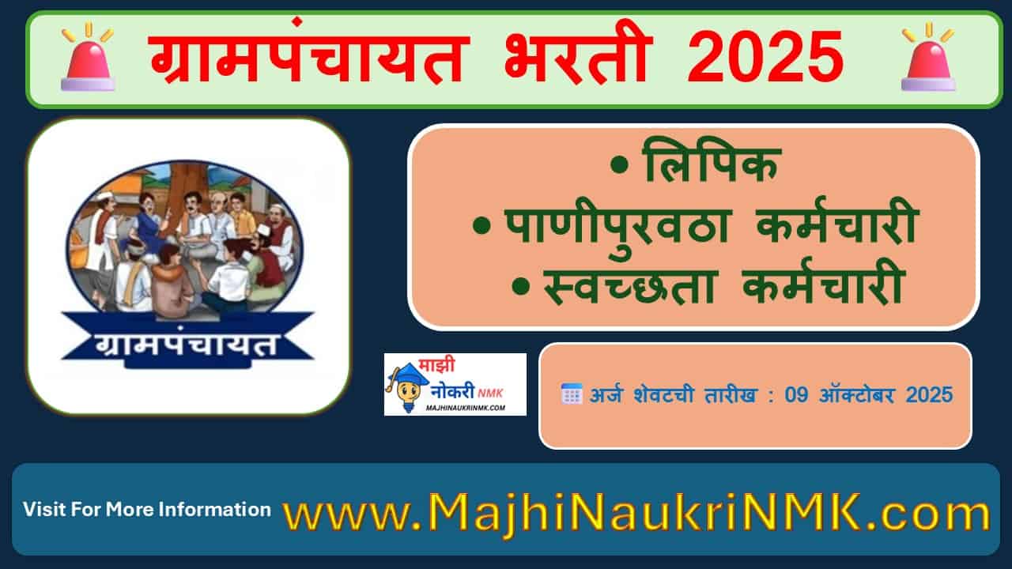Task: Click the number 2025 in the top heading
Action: [765, 58]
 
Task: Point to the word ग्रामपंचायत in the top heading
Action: [308, 59]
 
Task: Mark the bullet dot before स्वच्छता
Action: [519, 287]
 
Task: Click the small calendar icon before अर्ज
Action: [571, 394]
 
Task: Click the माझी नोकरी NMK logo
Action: [455, 384]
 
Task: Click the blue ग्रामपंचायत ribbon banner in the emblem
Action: [187, 345]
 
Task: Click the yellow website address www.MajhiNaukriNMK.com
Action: [636, 511]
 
